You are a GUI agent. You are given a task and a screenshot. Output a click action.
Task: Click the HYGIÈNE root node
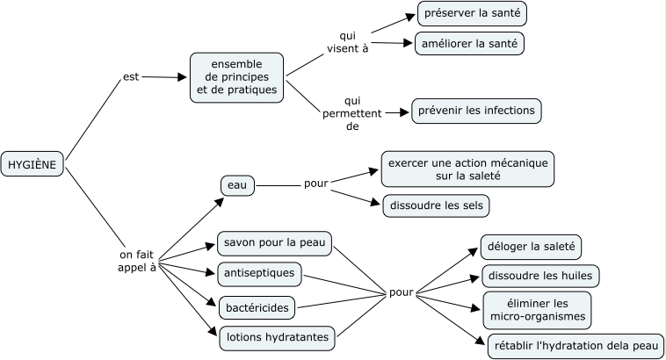tap(33, 164)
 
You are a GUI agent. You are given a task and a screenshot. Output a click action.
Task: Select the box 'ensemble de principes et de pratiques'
tap(237, 77)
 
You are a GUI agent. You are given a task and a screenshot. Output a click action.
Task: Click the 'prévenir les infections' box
tap(477, 112)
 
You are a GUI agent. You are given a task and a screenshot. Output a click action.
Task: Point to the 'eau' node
tap(237, 185)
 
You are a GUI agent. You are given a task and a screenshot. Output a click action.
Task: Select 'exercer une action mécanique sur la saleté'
tap(467, 169)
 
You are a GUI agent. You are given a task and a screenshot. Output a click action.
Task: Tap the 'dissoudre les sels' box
tap(436, 205)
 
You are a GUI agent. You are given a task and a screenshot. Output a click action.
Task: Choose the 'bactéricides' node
tap(256, 307)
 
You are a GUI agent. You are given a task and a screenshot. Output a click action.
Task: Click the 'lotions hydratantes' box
tap(276, 336)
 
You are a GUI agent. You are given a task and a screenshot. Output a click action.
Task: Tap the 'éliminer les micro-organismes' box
tap(535, 309)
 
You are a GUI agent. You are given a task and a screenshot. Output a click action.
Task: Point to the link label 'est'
tap(132, 77)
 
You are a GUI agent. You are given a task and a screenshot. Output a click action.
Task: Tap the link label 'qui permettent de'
tap(353, 113)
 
